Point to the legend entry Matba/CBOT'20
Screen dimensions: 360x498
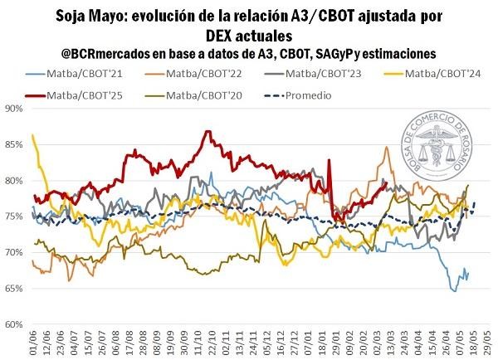[x=206, y=95]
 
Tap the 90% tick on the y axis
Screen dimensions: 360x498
[x=12, y=108]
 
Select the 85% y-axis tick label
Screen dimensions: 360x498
[x=12, y=144]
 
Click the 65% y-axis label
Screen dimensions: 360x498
[x=12, y=288]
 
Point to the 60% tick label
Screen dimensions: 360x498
[x=12, y=324]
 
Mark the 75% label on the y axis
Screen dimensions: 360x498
[x=12, y=216]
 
